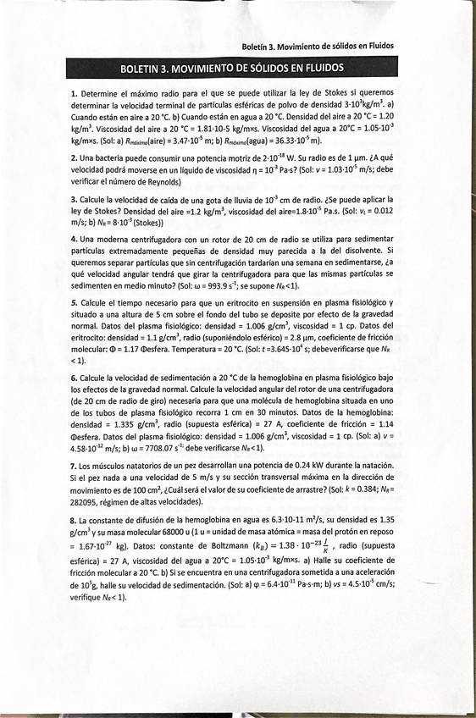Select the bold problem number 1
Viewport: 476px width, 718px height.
click(x=74, y=92)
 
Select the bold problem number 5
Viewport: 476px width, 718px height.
click(x=74, y=303)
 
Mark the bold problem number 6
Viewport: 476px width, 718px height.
click(x=74, y=376)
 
